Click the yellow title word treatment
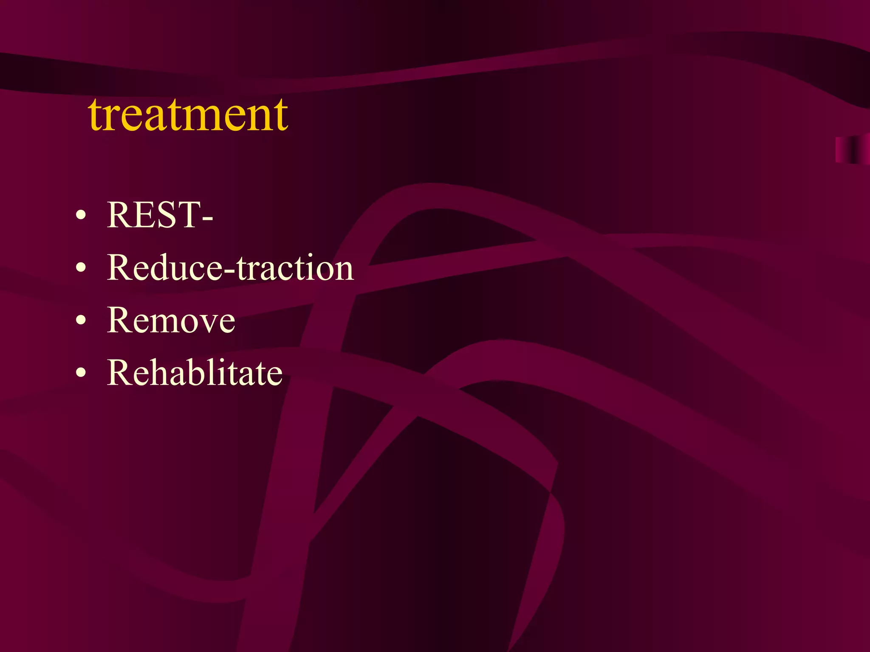point(188,115)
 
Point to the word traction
point(295,268)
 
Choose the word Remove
point(171,320)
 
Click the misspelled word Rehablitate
point(195,373)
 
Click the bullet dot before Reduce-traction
point(81,268)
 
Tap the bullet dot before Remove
point(81,321)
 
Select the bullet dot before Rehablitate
point(81,374)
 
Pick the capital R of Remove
point(120,320)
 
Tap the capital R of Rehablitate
point(120,373)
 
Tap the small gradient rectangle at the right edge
point(852,149)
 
